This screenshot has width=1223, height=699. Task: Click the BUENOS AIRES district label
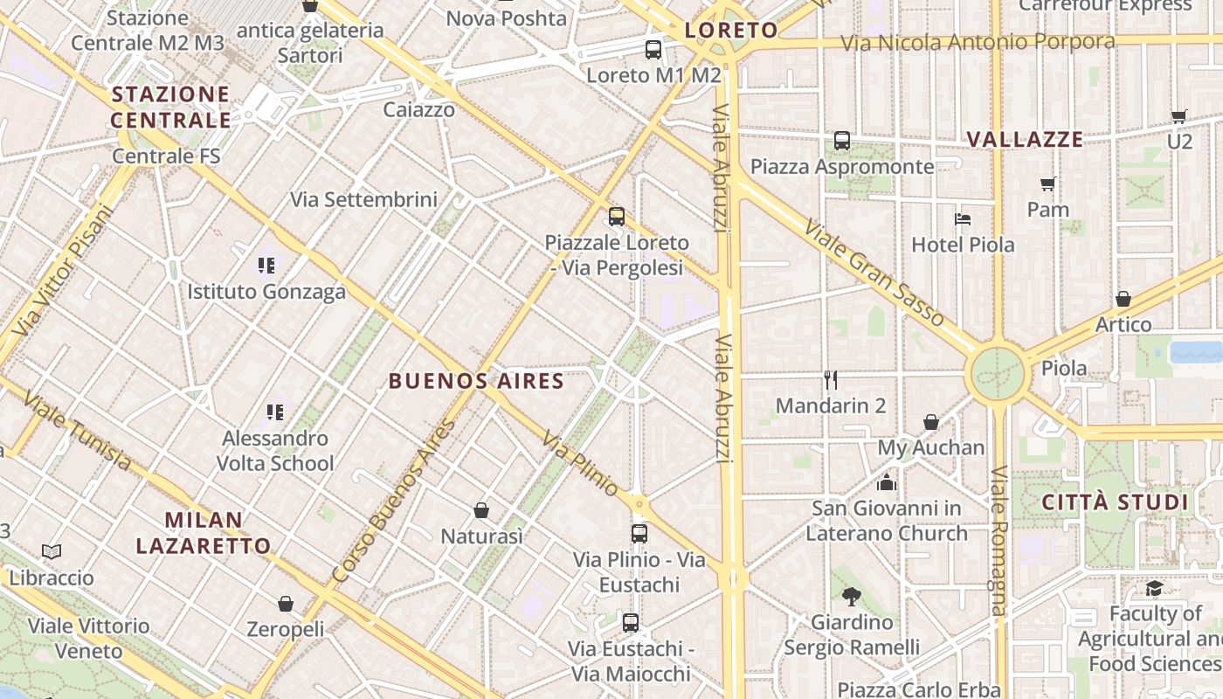click(476, 381)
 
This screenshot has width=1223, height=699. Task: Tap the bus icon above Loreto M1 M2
click(653, 50)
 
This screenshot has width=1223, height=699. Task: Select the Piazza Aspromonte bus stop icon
click(842, 140)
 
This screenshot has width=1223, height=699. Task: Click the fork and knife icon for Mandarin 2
click(831, 379)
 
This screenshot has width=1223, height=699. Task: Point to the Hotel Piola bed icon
click(963, 218)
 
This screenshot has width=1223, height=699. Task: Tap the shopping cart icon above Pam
click(1048, 183)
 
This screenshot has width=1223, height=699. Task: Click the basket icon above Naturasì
click(481, 510)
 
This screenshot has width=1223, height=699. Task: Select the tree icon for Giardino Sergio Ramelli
click(852, 597)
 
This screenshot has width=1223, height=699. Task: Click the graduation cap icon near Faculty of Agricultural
click(1155, 588)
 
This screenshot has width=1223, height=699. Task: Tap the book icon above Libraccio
click(52, 551)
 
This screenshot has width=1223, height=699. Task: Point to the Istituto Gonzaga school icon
click(266, 265)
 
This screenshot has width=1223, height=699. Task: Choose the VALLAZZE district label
click(1026, 140)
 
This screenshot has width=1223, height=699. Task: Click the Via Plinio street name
click(581, 463)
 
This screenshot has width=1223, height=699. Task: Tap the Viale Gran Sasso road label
click(874, 273)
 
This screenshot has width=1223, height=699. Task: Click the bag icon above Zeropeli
click(286, 604)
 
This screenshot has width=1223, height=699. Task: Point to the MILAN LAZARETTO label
click(204, 533)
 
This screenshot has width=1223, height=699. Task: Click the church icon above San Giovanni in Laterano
click(887, 482)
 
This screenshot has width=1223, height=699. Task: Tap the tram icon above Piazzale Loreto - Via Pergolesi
click(617, 216)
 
